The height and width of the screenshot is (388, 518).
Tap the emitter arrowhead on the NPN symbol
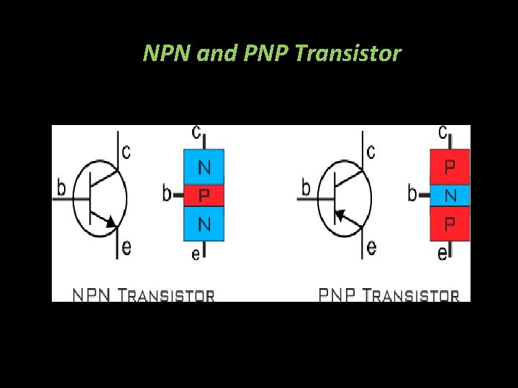click(x=110, y=223)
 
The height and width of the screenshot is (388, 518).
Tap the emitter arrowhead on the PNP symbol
click(x=340, y=214)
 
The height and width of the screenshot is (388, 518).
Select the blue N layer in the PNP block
click(x=450, y=195)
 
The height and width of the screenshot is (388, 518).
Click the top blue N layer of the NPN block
click(x=204, y=167)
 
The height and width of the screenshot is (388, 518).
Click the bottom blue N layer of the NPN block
click(x=204, y=224)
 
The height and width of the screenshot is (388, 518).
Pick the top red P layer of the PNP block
click(x=450, y=167)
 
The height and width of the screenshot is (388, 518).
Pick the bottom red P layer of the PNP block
click(x=450, y=224)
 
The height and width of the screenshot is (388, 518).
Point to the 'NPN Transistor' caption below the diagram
click(x=143, y=295)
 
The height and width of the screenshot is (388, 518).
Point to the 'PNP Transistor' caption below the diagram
click(x=388, y=295)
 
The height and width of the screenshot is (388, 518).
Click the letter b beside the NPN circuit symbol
click(x=61, y=188)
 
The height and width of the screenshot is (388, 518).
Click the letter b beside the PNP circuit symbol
click(x=306, y=188)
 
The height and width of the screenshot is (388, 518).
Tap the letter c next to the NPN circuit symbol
click(x=126, y=152)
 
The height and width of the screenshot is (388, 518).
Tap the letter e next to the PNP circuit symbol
click(x=371, y=248)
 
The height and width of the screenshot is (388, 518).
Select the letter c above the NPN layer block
click(x=196, y=133)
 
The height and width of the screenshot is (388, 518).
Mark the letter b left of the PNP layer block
click(x=412, y=193)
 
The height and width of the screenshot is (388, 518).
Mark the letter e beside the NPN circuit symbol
click(x=127, y=248)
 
